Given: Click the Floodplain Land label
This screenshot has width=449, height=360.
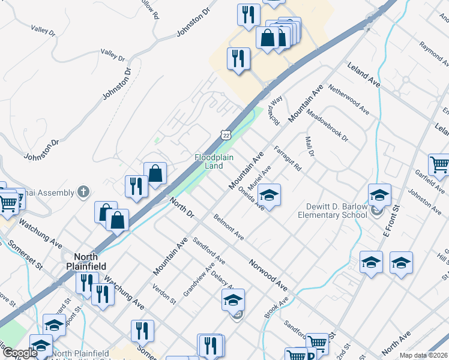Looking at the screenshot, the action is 209,161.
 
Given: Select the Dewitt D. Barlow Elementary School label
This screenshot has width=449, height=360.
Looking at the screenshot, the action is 334,210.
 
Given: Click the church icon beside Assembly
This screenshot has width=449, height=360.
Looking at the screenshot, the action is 83,192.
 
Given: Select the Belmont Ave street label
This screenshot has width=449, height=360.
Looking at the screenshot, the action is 228,226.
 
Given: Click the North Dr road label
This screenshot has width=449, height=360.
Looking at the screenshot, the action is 181,208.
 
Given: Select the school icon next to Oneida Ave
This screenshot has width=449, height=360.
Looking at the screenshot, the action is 270,195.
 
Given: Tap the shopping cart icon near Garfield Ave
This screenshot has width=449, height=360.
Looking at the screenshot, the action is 439,164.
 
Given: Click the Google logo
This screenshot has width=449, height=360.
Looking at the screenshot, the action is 19,353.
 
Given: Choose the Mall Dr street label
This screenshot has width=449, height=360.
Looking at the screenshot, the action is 310,146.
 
